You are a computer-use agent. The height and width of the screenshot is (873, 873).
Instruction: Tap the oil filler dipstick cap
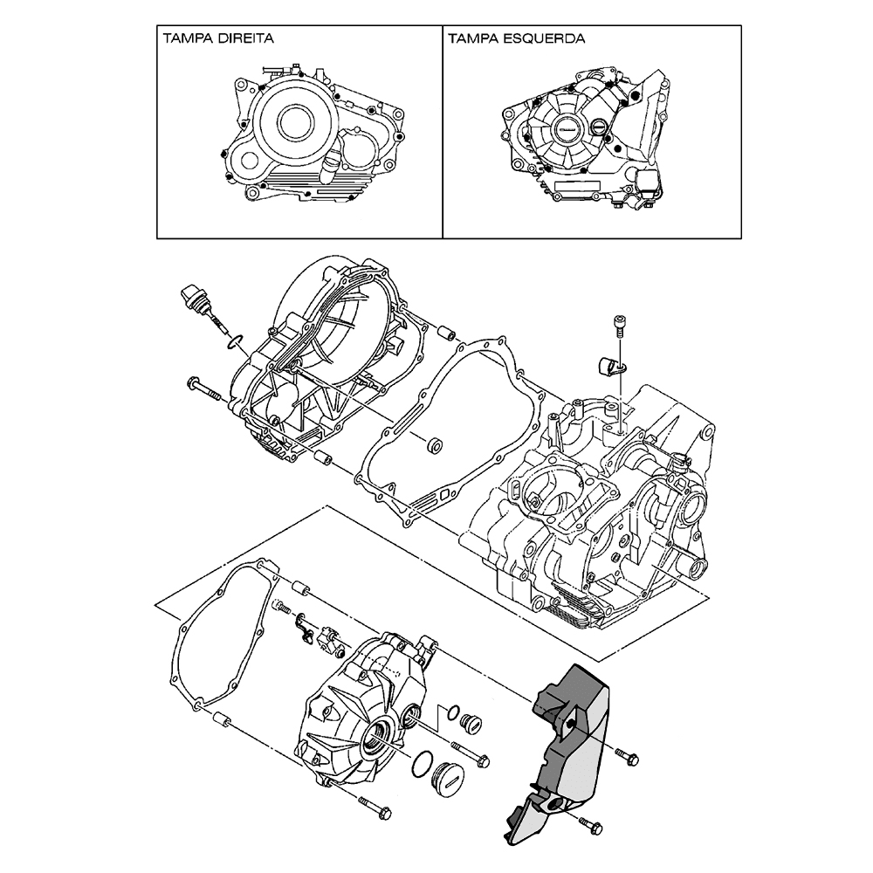193,298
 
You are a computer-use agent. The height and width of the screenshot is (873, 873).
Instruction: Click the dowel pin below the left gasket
220,721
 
